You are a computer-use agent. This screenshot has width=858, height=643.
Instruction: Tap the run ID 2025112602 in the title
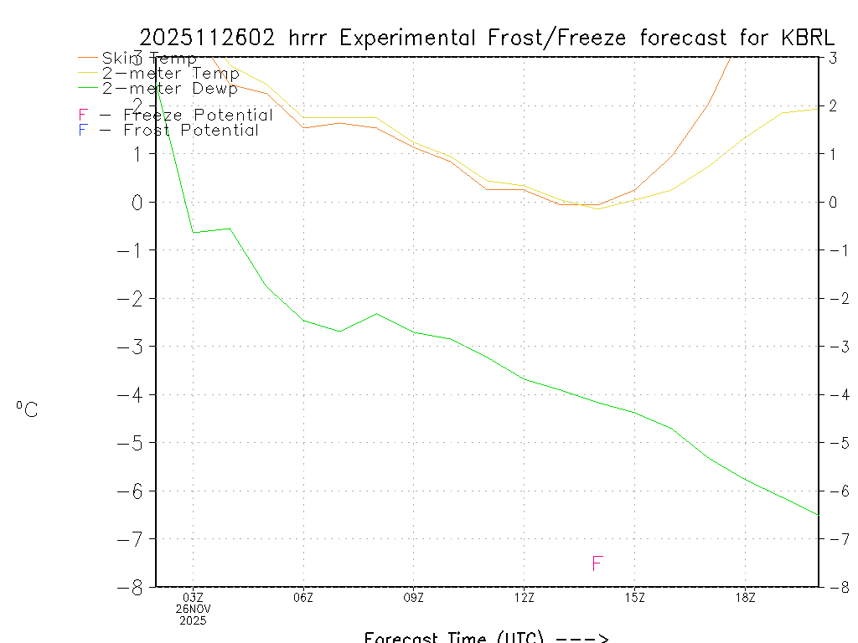pos(209,39)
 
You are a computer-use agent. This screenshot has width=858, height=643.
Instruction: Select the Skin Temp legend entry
pos(149,59)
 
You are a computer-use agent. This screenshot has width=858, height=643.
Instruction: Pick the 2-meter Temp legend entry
pos(170,74)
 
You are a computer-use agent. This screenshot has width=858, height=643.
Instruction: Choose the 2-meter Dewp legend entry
pos(169,88)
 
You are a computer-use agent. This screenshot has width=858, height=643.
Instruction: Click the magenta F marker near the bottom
pos(597,563)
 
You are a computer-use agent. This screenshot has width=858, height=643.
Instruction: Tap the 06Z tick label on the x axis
pos(303,598)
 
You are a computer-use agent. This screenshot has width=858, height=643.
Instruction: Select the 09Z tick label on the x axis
pos(414,598)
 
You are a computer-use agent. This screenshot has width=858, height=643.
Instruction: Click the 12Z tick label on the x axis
pos(524,598)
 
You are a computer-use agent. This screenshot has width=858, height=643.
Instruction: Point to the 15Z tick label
pos(634,598)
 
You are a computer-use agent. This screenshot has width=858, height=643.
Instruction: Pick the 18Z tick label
pos(745,598)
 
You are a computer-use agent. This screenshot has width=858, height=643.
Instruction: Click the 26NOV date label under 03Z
pos(193,610)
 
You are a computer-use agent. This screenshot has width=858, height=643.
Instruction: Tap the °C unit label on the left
pos(27,409)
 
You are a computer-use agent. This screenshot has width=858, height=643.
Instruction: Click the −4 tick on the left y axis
pos(134,394)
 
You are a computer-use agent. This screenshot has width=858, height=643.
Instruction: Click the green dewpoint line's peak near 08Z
pos(376,314)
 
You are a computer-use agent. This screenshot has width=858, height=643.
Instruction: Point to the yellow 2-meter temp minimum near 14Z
pos(597,208)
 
